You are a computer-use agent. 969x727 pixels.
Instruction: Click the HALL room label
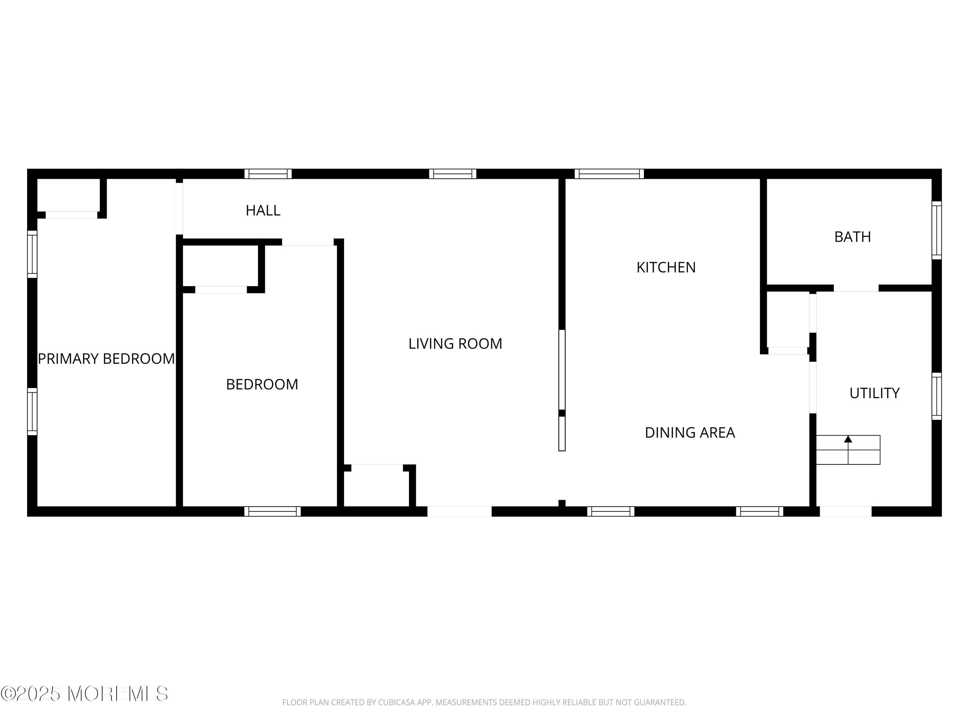263,210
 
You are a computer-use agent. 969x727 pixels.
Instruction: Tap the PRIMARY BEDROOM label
107,358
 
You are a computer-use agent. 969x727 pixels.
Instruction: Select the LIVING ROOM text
455,343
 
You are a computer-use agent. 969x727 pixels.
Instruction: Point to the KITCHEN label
666,267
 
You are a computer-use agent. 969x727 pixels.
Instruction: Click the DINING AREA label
690,433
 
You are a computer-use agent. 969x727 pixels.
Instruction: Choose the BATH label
852,237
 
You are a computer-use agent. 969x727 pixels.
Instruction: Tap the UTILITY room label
874,393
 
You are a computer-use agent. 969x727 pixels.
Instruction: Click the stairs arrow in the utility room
848,439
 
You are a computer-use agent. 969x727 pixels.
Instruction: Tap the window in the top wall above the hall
268,174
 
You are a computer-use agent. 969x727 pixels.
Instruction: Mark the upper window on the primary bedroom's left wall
32,254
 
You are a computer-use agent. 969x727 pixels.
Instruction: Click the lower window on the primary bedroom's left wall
32,412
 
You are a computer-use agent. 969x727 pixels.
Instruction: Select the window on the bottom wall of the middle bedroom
273,511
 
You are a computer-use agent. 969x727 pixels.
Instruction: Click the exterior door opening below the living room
460,511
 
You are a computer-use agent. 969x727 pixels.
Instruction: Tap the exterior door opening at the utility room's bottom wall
846,511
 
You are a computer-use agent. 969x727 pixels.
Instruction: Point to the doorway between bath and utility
856,288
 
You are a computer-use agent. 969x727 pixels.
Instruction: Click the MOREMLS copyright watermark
84,694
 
